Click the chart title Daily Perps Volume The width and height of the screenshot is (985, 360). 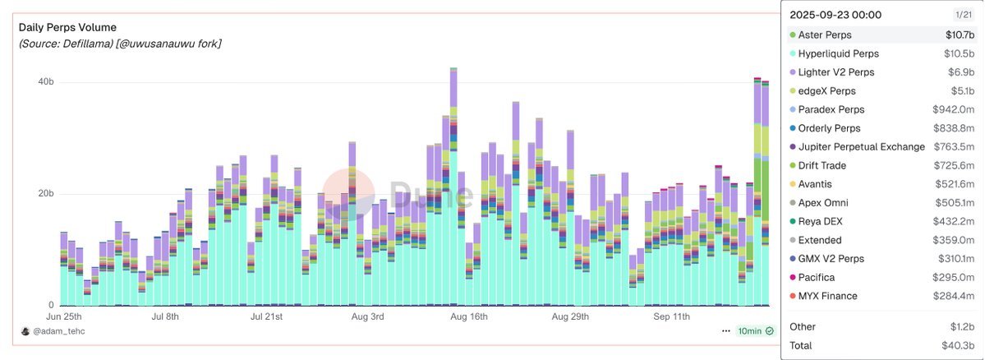click(x=67, y=28)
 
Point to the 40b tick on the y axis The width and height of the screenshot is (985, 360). click(x=46, y=82)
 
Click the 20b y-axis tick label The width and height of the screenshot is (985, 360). click(x=46, y=194)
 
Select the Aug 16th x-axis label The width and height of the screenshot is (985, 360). click(x=468, y=316)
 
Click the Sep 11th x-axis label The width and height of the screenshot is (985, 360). click(x=673, y=316)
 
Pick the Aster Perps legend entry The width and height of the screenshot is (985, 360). click(x=824, y=35)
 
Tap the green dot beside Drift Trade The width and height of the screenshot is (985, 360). click(x=793, y=166)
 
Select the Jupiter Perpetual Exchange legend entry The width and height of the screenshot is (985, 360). click(x=861, y=147)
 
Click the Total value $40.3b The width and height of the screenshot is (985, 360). click(x=958, y=346)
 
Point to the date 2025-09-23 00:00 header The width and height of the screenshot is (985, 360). click(x=835, y=14)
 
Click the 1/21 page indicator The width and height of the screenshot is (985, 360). click(x=963, y=15)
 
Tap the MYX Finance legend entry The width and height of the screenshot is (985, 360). click(x=827, y=296)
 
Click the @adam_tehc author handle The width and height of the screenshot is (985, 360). click(x=58, y=331)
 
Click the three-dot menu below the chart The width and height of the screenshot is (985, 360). click(x=726, y=331)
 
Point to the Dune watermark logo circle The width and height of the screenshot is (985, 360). click(x=349, y=194)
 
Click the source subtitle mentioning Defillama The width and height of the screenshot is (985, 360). click(x=120, y=44)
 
